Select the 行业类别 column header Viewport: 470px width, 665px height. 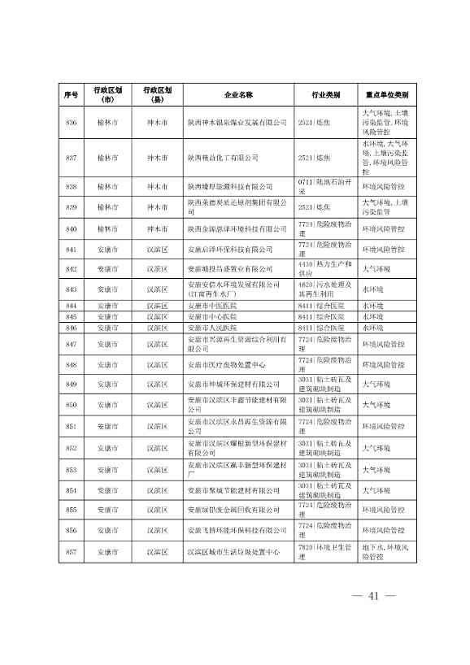[325, 95]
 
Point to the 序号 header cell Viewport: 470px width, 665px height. [71, 95]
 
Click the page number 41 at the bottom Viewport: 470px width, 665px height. [374, 596]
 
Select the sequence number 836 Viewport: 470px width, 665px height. [71, 121]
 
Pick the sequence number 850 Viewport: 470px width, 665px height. [71, 404]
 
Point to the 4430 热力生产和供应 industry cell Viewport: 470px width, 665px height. [325, 268]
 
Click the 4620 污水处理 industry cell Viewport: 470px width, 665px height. [325, 289]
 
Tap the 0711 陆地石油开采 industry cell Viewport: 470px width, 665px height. [325, 187]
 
